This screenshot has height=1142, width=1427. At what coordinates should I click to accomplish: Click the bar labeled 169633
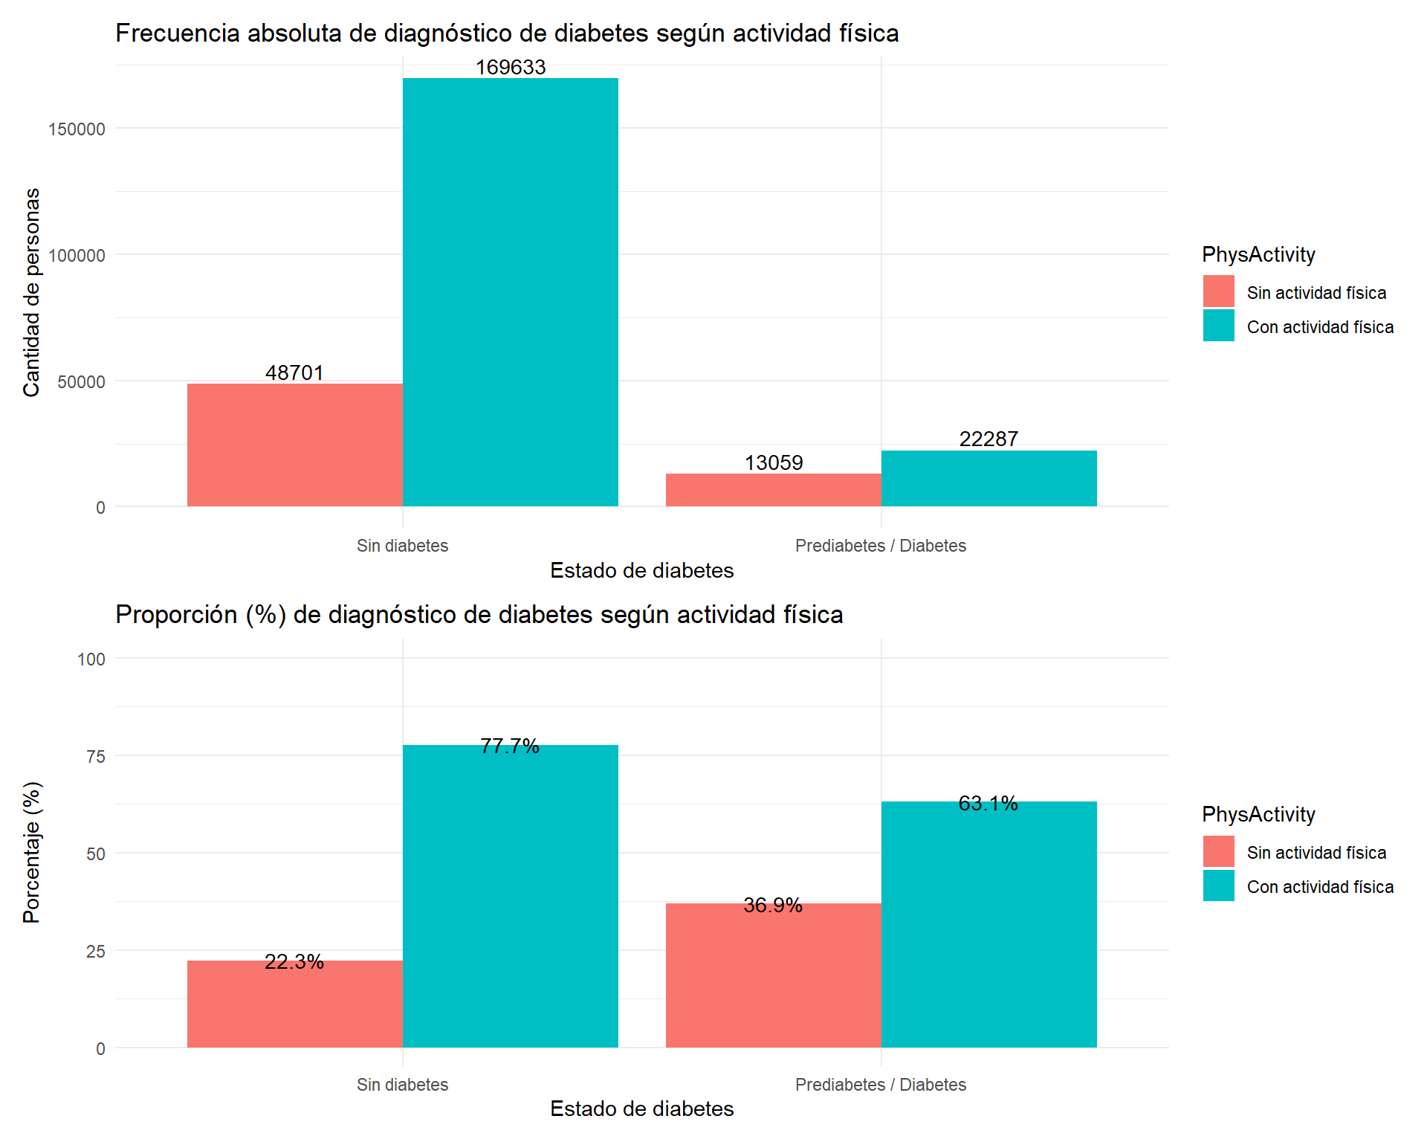click(510, 292)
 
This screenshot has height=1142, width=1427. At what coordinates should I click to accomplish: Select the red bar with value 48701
click(294, 445)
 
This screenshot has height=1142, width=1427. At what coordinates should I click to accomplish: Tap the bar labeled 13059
click(773, 490)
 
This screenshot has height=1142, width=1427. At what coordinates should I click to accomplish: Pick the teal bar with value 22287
click(988, 478)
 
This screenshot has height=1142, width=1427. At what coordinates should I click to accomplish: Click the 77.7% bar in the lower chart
click(510, 896)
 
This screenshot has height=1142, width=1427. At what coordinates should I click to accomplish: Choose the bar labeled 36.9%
click(773, 975)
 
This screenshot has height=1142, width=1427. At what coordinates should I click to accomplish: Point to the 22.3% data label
click(294, 962)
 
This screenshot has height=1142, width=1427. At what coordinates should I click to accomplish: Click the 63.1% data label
click(988, 803)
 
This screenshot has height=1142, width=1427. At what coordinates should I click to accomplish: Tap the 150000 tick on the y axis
click(77, 129)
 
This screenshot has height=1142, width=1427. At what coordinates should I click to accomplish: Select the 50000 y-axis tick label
click(81, 382)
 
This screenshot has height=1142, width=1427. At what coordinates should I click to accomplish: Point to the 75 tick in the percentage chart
click(96, 757)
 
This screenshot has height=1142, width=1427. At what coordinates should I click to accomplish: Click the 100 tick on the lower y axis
click(91, 659)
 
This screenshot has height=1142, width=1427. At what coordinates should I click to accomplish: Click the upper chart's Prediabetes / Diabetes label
click(880, 546)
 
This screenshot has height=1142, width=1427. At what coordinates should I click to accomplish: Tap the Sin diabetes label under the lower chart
click(402, 1085)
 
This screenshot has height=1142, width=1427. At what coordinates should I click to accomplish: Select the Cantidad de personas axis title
click(31, 292)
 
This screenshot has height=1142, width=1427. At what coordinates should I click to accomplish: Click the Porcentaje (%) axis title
click(31, 852)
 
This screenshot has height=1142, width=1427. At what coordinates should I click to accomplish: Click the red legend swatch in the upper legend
click(1218, 291)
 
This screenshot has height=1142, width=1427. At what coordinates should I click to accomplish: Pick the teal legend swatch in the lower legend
click(1218, 885)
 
